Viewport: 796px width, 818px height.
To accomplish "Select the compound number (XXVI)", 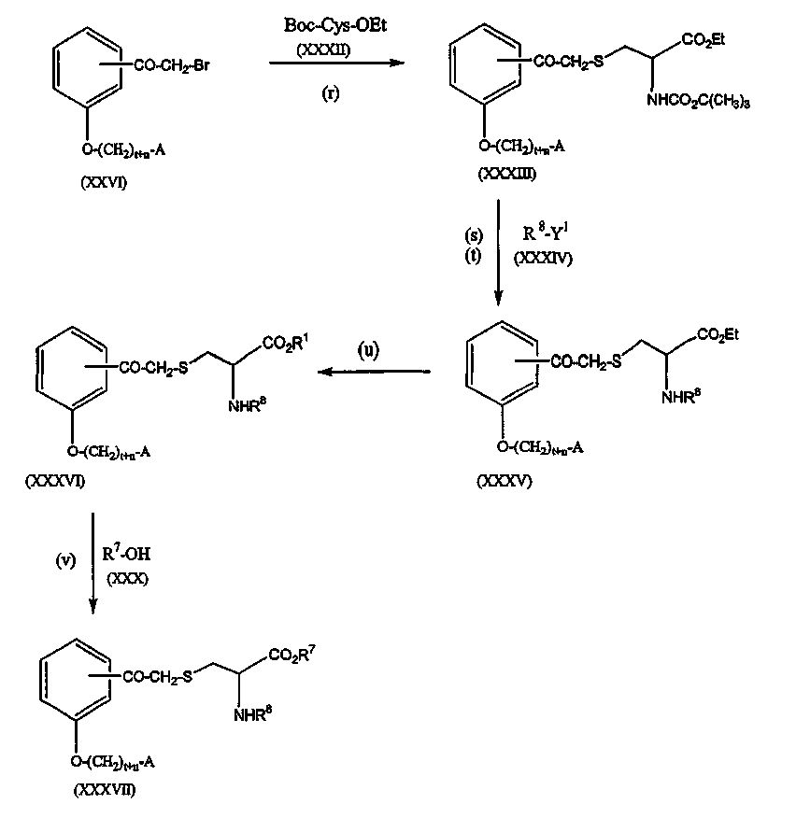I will [104, 182].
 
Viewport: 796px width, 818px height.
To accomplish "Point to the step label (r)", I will [330, 95].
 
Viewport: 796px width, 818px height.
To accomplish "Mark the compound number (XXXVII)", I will [105, 790].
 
